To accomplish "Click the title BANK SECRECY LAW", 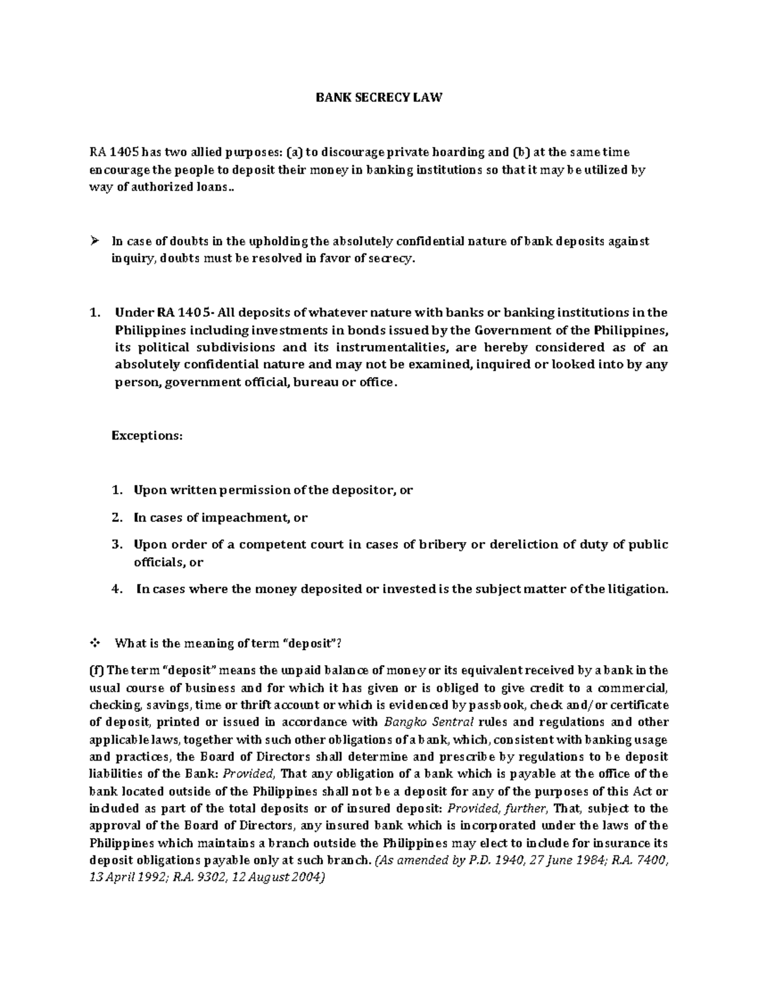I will pyautogui.click(x=379, y=98).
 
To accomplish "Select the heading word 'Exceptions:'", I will pyautogui.click(x=147, y=435).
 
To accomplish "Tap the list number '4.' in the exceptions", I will pyautogui.click(x=116, y=589).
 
